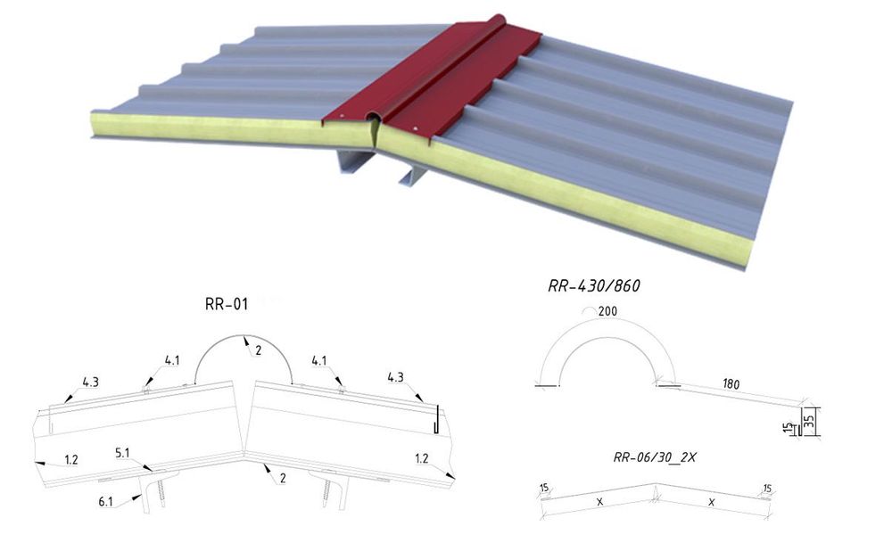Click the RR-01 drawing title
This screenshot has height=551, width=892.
[x=227, y=304]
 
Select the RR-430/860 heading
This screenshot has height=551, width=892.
[x=594, y=285]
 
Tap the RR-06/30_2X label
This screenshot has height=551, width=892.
[x=654, y=457]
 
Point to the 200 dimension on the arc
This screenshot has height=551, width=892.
[x=607, y=311]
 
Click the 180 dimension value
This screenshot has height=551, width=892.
[x=731, y=384]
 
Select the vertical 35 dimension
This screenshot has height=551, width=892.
[x=810, y=421]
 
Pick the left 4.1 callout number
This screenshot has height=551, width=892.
[x=172, y=360]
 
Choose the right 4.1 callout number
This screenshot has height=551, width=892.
[x=319, y=360]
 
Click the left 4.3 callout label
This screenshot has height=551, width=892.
[x=90, y=382]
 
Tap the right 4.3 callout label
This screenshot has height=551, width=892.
[x=395, y=377]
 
